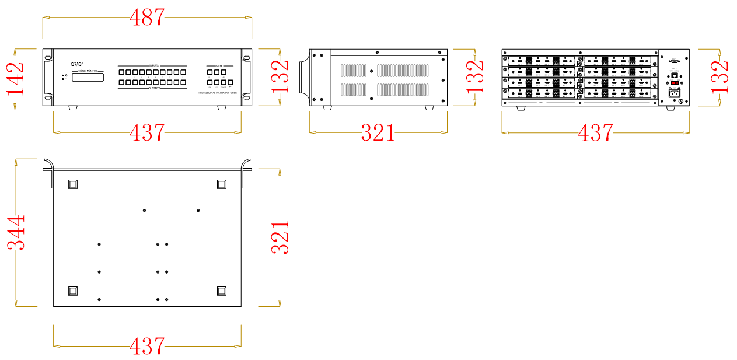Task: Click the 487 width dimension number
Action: pyautogui.click(x=146, y=18)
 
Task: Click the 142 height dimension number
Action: pyautogui.click(x=16, y=78)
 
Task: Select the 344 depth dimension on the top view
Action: pyautogui.click(x=16, y=232)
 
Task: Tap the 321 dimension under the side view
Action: pyautogui.click(x=378, y=133)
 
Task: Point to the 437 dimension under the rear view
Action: pyautogui.click(x=595, y=133)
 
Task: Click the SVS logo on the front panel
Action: pyautogui.click(x=78, y=64)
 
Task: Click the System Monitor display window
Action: pyautogui.click(x=88, y=77)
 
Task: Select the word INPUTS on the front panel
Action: pyautogui.click(x=153, y=66)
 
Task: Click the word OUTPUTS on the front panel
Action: pyautogui.click(x=153, y=88)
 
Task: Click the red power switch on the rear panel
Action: pyautogui.click(x=674, y=83)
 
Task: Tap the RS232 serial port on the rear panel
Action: pyautogui.click(x=674, y=60)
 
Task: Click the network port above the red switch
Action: pyautogui.click(x=674, y=75)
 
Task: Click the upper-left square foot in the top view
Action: pyautogui.click(x=73, y=184)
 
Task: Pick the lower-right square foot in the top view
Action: pyautogui.click(x=222, y=291)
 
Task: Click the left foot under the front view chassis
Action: pyautogui.click(x=73, y=108)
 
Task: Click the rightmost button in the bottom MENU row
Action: pyautogui.click(x=230, y=83)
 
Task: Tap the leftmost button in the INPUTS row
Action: pyautogui.click(x=122, y=72)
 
